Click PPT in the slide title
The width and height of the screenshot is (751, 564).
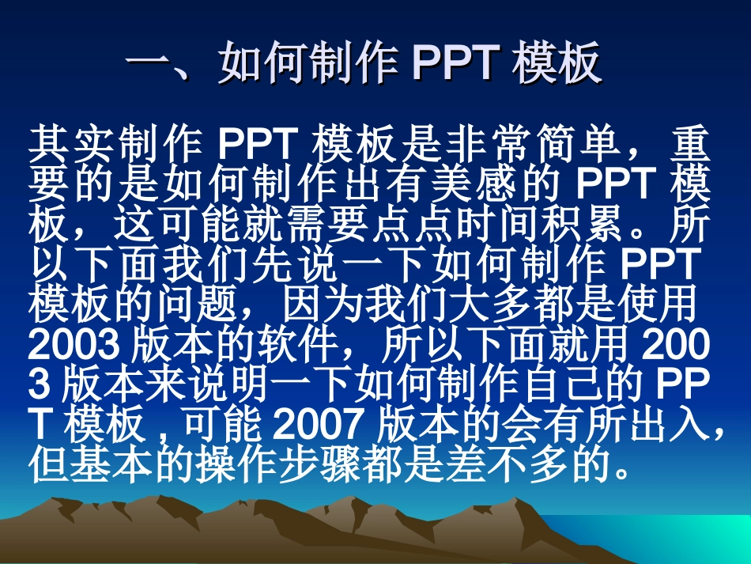tap(456, 64)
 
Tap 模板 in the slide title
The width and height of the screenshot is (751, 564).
tap(557, 64)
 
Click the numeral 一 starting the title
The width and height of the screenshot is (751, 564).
tap(150, 64)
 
